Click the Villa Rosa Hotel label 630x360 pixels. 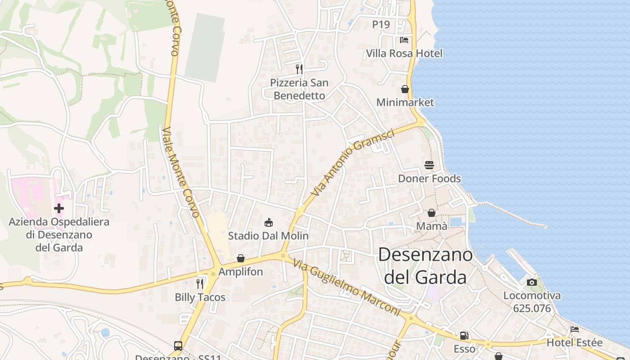tap(404, 54)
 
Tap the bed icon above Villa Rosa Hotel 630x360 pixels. tap(404, 40)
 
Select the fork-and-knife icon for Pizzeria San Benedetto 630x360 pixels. tap(299, 69)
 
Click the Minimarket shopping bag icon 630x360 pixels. tap(405, 89)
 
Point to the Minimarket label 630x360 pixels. tap(405, 103)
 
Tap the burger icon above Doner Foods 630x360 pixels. tap(429, 165)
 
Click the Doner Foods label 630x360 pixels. tap(429, 179)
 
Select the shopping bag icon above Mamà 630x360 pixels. tap(432, 212)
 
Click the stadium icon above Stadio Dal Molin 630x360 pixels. tap(269, 222)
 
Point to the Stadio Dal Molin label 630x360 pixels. tap(268, 236)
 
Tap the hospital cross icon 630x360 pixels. tap(59, 208)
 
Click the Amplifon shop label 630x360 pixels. tap(240, 272)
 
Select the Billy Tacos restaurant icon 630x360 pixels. tap(200, 283)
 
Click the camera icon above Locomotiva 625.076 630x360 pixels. tap(532, 282)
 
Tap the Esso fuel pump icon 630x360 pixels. tap(464, 336)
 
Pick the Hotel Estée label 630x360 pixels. tap(574, 343)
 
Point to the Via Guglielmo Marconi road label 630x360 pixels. tap(346, 287)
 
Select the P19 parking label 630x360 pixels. tap(381, 25)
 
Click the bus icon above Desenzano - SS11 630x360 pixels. tap(178, 346)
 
